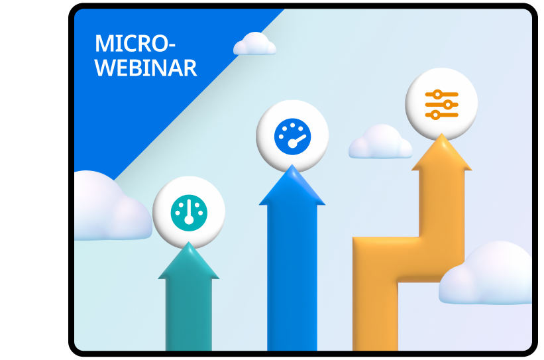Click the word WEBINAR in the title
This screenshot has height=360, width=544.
point(146,68)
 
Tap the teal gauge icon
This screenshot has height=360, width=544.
point(189,213)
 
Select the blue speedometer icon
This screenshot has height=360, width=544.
point(292,137)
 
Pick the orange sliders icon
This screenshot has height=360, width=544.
point(442,105)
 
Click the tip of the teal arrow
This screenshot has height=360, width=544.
point(189,242)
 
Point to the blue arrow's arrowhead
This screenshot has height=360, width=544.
point(292,185)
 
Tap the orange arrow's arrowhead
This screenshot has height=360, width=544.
point(441,152)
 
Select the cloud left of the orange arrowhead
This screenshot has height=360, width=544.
point(380,142)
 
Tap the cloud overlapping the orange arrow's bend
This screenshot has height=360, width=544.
point(486,273)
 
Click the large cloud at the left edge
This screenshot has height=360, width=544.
point(112,206)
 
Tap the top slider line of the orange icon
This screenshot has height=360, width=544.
point(442,94)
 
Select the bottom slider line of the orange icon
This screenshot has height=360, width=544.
point(442,115)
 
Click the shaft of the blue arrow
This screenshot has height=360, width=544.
point(292,278)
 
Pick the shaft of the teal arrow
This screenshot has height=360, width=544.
point(189,314)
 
